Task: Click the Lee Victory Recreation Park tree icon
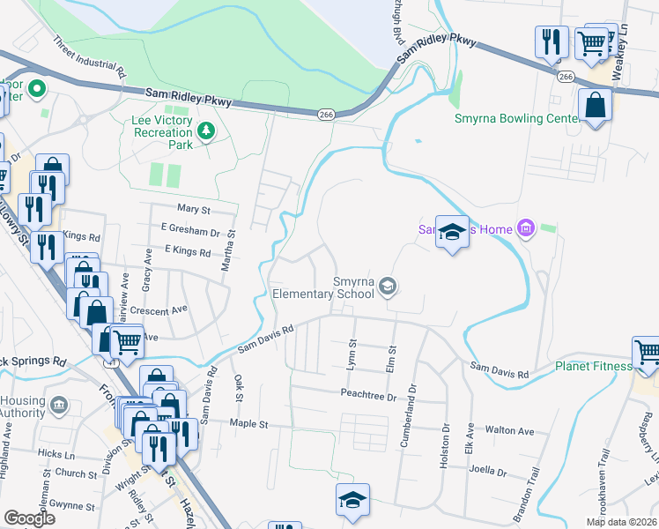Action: point(206,131)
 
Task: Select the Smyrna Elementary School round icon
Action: point(389,284)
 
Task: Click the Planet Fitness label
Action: point(593,366)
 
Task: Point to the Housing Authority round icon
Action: point(59,406)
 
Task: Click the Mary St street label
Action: point(194,211)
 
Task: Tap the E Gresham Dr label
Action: point(191,232)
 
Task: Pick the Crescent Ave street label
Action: point(159,310)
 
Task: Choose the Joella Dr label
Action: point(490,472)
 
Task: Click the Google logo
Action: point(30,518)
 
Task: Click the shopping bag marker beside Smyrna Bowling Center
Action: point(596,106)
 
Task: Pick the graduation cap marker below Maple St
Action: point(353,499)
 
